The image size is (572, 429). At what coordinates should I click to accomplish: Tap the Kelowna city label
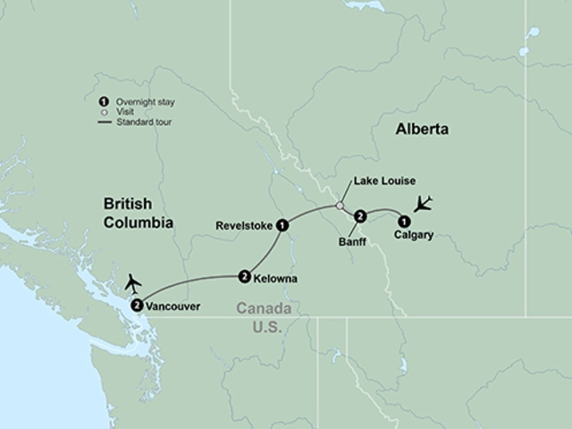274,279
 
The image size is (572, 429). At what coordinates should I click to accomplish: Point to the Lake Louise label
385,181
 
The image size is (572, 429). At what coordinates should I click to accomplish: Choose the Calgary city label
413,236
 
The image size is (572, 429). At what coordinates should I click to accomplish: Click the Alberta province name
422,130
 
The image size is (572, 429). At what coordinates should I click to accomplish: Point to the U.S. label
267,328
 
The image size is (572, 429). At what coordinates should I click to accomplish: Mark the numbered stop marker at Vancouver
136,306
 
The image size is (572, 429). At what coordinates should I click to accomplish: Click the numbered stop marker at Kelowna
244,277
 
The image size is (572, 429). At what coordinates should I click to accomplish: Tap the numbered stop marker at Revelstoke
282,224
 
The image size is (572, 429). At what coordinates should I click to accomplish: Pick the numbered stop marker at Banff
359,215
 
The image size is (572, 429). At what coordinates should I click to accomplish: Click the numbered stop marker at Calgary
404,221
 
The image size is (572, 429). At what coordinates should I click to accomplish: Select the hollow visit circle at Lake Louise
340,206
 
